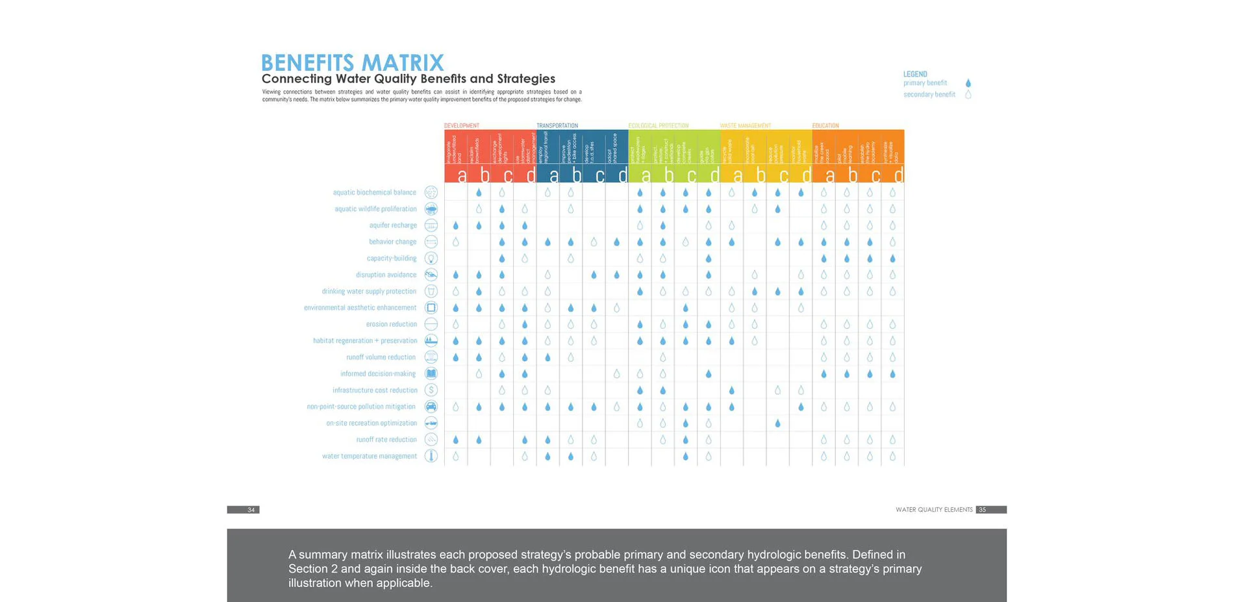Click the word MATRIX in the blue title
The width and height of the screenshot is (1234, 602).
[x=402, y=63]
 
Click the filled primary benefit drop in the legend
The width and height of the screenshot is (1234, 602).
[x=968, y=83]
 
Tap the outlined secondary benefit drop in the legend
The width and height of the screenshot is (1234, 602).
[x=968, y=95]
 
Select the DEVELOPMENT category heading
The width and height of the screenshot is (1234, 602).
[x=462, y=125]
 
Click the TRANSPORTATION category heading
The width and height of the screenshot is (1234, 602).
[x=557, y=125]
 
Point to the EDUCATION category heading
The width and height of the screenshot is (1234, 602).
[x=825, y=125]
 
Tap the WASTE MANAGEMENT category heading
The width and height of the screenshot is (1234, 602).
[x=745, y=125]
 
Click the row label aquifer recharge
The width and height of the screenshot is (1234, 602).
[x=393, y=225]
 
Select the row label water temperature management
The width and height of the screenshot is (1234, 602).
[x=370, y=456]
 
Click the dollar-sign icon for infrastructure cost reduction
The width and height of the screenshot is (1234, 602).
[x=431, y=390]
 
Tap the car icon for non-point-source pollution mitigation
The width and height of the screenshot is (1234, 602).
[x=431, y=407]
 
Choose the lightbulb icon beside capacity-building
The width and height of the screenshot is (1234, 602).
[x=431, y=258]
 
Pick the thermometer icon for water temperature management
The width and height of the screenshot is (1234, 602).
[x=431, y=456]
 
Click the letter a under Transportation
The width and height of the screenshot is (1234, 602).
[x=553, y=175]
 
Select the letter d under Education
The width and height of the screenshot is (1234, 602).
[x=898, y=175]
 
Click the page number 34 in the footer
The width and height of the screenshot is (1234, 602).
[x=251, y=510]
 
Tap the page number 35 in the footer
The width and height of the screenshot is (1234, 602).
[x=982, y=510]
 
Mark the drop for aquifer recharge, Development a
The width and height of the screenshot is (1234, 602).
[x=456, y=225]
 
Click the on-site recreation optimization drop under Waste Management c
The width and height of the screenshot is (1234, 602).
[x=777, y=423]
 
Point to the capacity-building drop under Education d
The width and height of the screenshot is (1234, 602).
[x=893, y=258]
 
